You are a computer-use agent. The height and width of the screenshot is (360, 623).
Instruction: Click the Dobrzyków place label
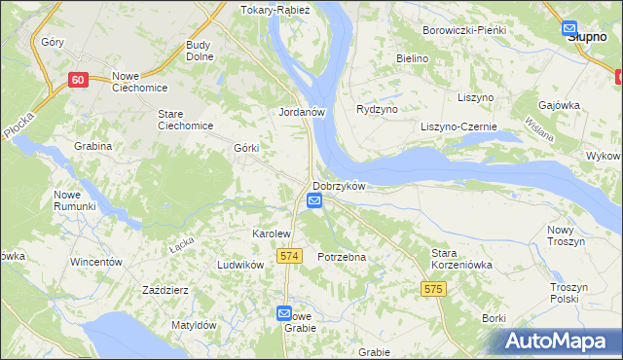tap(339, 186)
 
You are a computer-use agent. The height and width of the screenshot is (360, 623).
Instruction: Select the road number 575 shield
tap(434, 289)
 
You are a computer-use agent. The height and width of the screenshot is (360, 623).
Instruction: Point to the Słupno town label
tap(587, 35)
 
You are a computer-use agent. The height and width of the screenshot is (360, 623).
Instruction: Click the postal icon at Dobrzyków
tap(314, 200)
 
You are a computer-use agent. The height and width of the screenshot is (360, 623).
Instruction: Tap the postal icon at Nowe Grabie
tap(283, 313)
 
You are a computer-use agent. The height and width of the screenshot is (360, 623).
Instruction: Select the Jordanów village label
tap(301, 112)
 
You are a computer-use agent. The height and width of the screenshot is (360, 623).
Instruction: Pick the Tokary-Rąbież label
tap(275, 10)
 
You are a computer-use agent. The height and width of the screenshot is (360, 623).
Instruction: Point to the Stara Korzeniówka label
tap(462, 258)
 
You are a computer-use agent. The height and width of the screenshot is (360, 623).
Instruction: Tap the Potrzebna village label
tap(342, 257)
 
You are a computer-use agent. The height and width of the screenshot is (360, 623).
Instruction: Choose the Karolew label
tap(272, 234)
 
